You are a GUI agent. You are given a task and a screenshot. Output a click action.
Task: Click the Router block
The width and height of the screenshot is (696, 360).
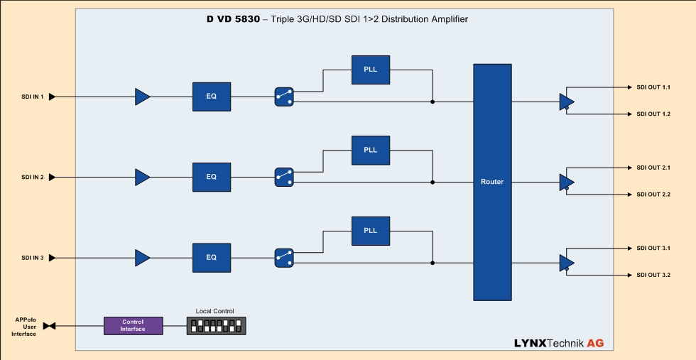coord(492,182)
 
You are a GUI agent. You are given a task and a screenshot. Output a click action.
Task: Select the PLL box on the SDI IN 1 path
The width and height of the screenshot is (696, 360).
coord(370,70)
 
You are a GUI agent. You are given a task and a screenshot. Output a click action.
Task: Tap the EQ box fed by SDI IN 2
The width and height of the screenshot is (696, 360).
coord(211,177)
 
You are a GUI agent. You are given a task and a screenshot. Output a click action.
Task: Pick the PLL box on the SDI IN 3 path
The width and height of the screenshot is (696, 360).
coord(370,231)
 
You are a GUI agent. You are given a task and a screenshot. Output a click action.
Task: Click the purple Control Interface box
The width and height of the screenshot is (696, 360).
coord(133,325)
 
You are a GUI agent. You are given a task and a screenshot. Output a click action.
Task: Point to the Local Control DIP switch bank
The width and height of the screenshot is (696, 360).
coord(216,326)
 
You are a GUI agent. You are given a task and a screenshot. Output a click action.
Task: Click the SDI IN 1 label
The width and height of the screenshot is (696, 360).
coord(33,97)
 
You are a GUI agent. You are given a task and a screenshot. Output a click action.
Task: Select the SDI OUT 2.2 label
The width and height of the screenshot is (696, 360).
coord(653,195)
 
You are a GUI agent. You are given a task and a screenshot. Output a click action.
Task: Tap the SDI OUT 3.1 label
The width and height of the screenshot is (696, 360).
coord(653,248)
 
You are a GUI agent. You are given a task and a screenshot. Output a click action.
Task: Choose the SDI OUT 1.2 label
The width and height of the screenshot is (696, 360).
coord(653,114)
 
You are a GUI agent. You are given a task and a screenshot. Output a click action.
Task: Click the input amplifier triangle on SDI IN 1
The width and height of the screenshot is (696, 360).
coord(142,97)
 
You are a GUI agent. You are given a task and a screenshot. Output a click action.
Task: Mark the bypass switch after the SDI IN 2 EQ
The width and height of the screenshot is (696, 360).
coord(283,178)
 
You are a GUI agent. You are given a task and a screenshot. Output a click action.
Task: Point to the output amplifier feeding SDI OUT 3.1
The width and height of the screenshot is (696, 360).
coord(566,263)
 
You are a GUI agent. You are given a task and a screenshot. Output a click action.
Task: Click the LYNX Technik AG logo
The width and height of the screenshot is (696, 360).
coord(559,343)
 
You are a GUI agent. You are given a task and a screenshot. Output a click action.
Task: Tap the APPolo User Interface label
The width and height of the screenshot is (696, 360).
coord(25,327)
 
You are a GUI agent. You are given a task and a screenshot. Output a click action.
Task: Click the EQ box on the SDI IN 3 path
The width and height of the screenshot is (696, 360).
coord(211,257)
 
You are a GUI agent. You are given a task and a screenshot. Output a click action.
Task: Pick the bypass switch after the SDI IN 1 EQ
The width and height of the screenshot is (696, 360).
coord(283,97)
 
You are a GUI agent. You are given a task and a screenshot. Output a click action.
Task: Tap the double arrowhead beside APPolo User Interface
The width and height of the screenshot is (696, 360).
coord(49,326)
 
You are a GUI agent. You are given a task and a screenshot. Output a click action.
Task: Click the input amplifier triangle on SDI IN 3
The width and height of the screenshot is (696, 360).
coord(142,257)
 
